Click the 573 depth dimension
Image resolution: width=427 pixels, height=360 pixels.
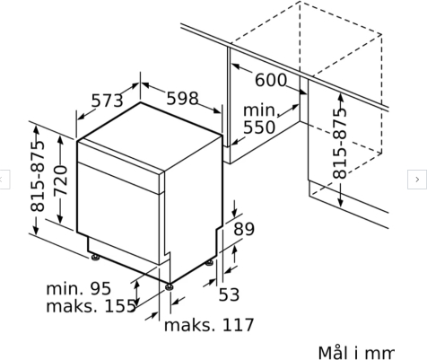click(107, 101)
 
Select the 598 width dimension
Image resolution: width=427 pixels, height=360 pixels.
click(182, 99)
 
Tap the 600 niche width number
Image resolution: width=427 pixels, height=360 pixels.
click(271, 80)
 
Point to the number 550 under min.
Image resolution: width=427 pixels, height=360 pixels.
click(259, 127)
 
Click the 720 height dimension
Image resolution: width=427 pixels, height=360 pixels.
click(61, 180)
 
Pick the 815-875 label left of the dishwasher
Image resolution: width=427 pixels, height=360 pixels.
click(38, 176)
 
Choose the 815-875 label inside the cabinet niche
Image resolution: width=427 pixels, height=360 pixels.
click(340, 144)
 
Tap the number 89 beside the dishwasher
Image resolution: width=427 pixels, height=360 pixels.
click(244, 229)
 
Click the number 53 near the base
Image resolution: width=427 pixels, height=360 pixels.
click(229, 294)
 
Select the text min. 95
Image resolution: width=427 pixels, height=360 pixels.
click(79, 288)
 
